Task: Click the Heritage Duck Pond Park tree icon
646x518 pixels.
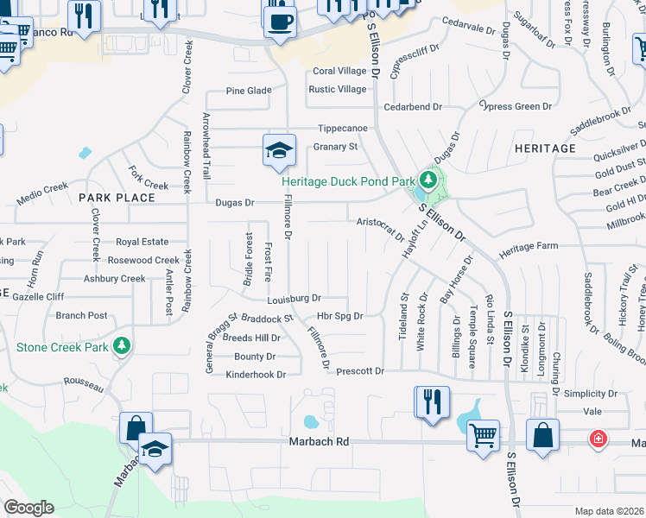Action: [x=427, y=180]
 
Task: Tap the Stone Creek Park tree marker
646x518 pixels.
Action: [x=123, y=346]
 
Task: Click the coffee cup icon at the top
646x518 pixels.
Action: [x=279, y=20]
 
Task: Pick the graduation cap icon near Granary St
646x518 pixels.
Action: [x=279, y=150]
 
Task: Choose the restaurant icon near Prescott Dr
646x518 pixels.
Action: [x=432, y=402]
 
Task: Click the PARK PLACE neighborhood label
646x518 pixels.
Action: [x=117, y=198]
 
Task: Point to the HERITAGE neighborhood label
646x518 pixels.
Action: [x=545, y=148]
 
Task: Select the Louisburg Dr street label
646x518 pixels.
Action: [x=294, y=300]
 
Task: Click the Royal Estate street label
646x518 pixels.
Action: [x=142, y=242]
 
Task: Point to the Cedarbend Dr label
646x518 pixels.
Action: [x=413, y=107]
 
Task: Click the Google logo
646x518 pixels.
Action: [x=29, y=508]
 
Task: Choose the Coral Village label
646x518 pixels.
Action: [x=339, y=72]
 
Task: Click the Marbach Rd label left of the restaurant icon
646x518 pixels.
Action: [x=318, y=442]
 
